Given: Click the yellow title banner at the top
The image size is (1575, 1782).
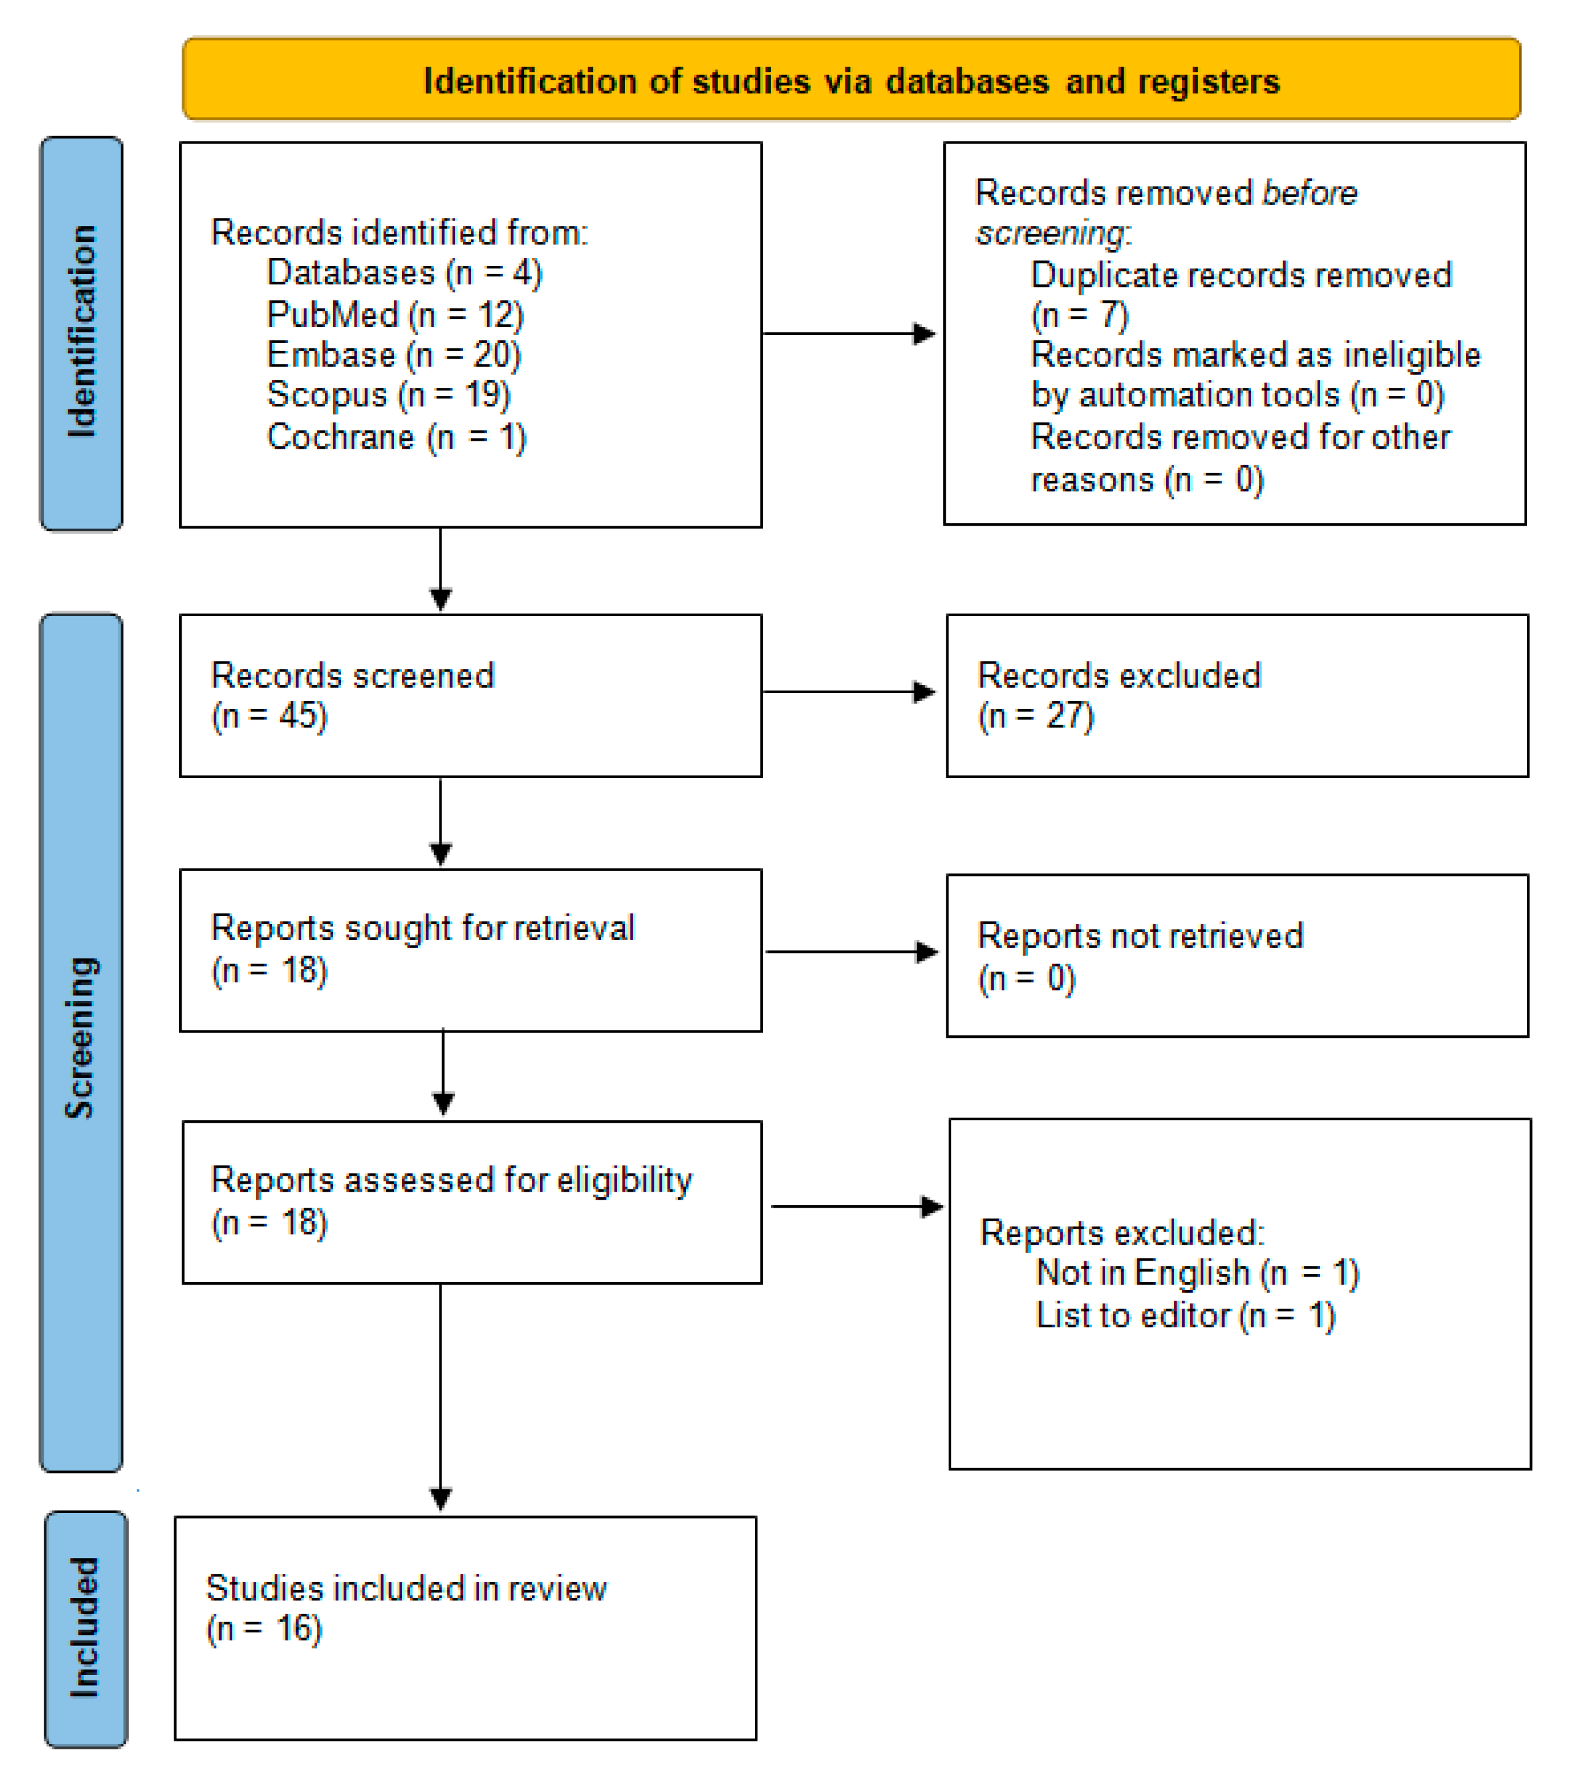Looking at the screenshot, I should coord(850,79).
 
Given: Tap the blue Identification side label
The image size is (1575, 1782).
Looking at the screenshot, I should coord(82,333).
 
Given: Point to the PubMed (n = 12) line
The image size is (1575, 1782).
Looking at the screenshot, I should coord(395,315).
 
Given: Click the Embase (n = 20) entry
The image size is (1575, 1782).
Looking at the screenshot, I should coord(393,355).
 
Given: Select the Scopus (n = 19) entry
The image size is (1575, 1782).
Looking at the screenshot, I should coord(388,395).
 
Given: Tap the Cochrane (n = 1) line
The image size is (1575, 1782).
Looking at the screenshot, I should coord(397,437).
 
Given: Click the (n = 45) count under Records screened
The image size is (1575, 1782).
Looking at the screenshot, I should coord(270,716).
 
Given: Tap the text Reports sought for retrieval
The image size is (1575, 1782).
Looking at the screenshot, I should coord(423,928).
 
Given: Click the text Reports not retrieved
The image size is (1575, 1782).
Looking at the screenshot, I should coord(1140,936).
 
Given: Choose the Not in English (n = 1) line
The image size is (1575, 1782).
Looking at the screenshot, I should coord(1196,1273).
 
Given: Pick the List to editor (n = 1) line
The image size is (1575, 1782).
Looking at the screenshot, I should coord(1184,1315).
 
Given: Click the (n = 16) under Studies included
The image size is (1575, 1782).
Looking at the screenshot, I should coord(264,1629).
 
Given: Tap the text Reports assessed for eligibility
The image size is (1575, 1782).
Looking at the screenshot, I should coord(451,1181).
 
